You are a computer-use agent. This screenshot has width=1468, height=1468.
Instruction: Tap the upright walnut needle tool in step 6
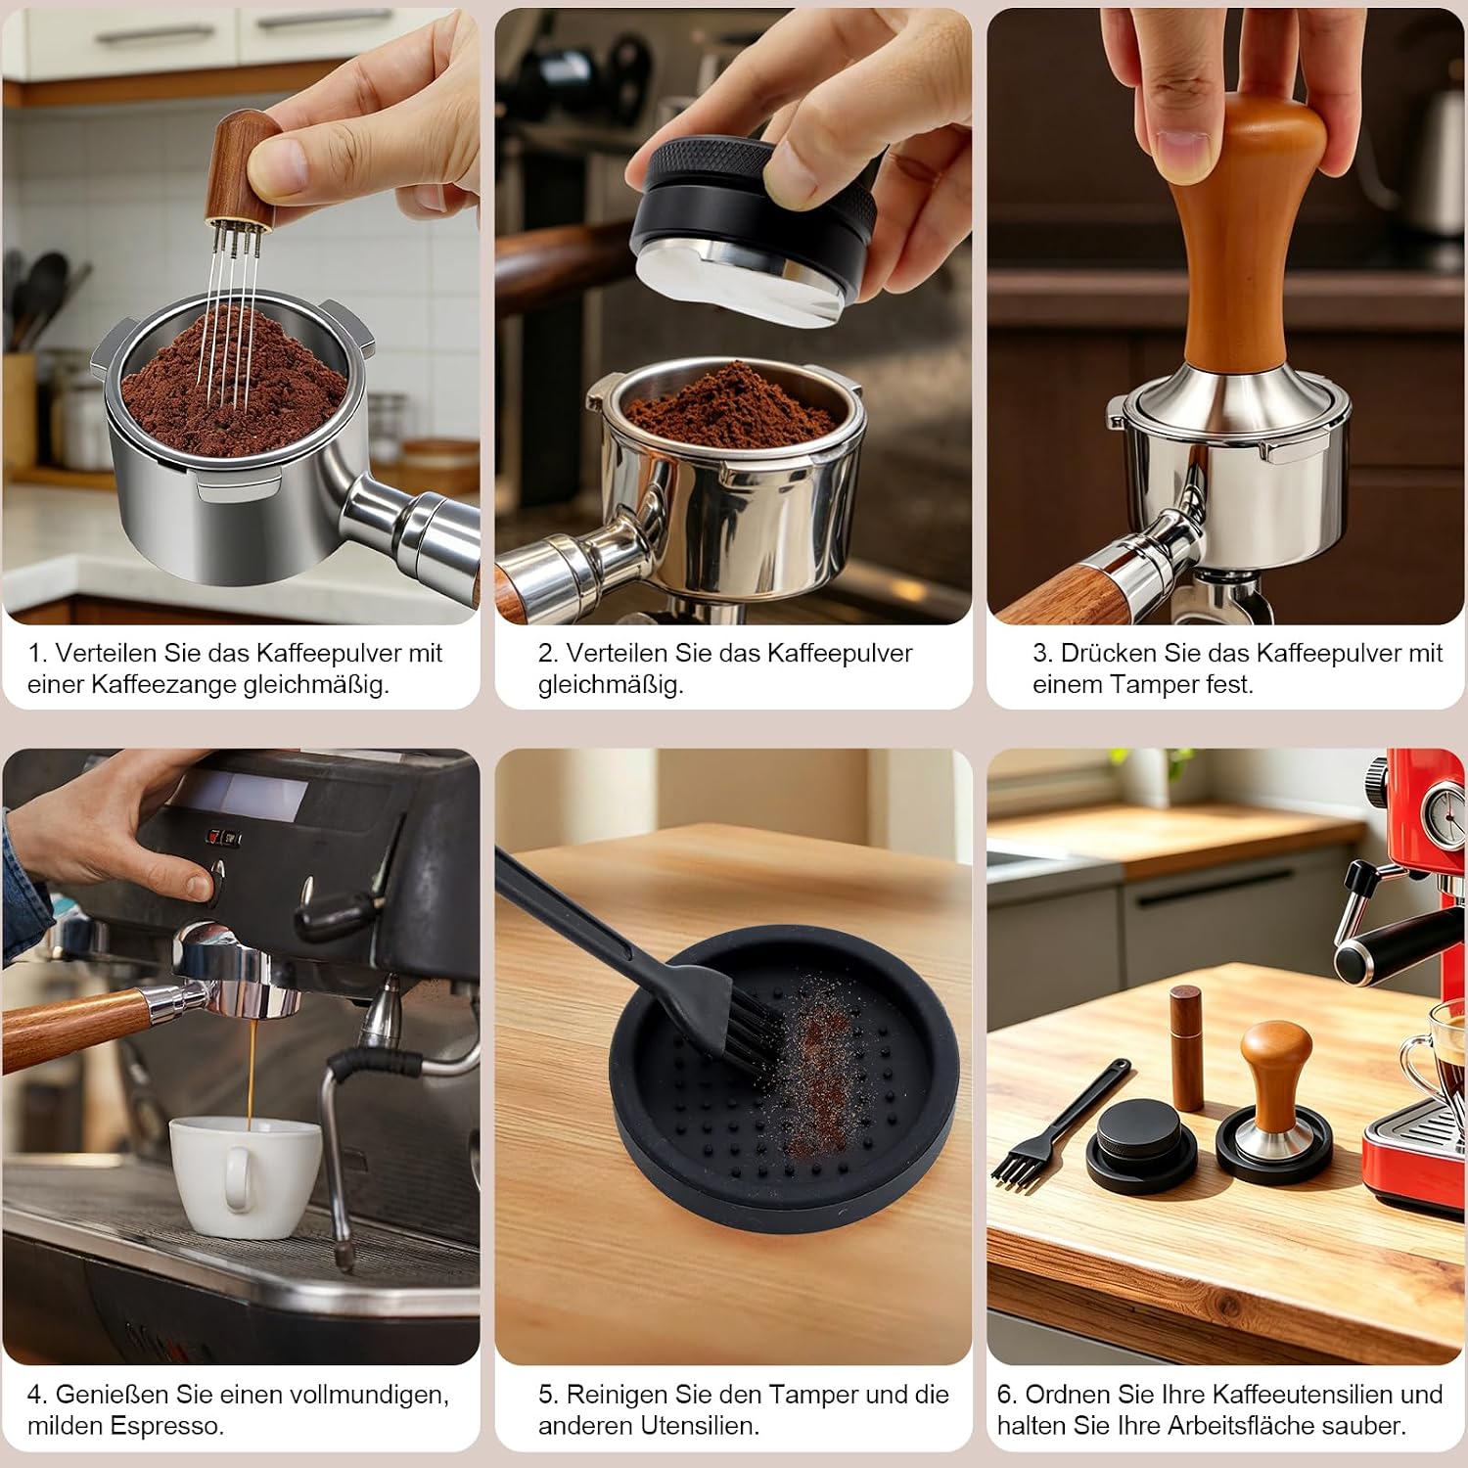1186,1047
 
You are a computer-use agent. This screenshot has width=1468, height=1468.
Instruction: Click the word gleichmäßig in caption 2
610,684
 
